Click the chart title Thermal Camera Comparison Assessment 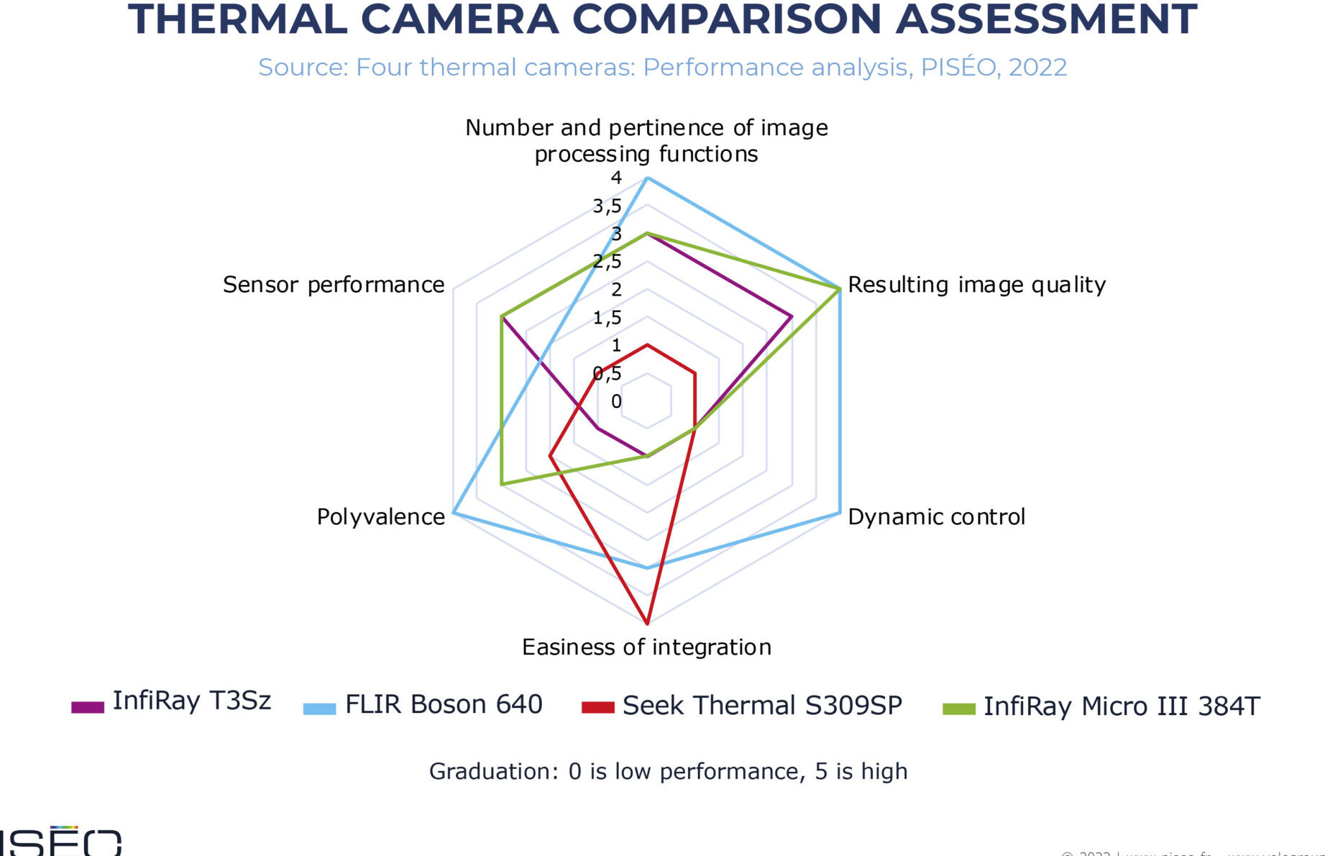coord(662,20)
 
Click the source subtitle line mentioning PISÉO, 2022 coord(662,67)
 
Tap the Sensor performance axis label coord(334,285)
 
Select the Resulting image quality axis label coord(976,285)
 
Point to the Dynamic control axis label coord(936,516)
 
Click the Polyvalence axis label coord(380,516)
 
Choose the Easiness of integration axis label coord(646,647)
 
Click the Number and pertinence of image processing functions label coord(646,140)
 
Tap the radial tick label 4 coord(616,178)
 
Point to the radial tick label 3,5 coord(608,206)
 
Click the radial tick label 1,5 coord(608,317)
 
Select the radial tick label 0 coord(616,401)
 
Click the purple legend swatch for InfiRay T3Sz coord(88,707)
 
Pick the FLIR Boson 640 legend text coord(444,704)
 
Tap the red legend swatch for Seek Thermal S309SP coord(598,707)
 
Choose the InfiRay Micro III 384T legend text coord(1122,706)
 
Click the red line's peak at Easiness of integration coord(647,623)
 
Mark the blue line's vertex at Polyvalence coord(454,512)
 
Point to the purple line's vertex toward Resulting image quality coord(792,317)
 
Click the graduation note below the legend coord(668,771)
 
